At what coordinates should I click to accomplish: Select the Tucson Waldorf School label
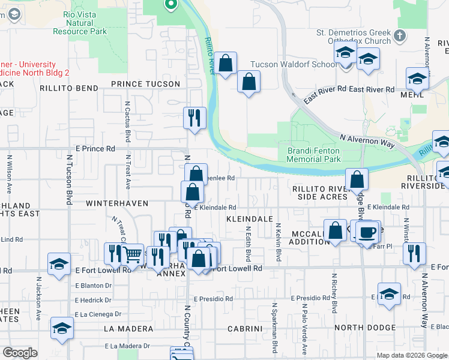point(294,64)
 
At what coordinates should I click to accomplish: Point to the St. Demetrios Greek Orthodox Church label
point(354,37)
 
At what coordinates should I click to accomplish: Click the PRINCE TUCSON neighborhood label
point(145,84)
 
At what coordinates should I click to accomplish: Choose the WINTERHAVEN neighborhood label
point(117,203)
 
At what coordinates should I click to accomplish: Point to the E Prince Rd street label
point(95,148)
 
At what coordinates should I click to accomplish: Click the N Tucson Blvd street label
point(70,180)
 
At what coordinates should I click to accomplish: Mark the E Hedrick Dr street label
point(93,299)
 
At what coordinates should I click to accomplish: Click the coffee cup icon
point(369,231)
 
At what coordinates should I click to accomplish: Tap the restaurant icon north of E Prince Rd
point(194,118)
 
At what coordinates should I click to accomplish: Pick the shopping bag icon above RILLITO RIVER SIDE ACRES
point(357,179)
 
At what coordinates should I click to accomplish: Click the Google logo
point(20,353)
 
